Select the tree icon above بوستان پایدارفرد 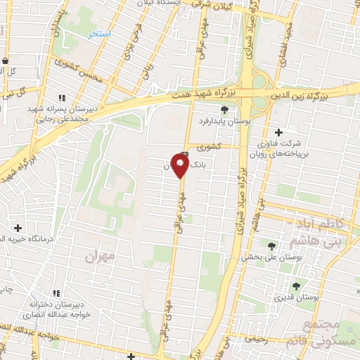coord(224,109)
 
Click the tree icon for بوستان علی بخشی coord(271,245)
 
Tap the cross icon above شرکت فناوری coord(279,132)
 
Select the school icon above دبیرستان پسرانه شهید coord(62,98)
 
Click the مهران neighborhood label coord(98,257)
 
